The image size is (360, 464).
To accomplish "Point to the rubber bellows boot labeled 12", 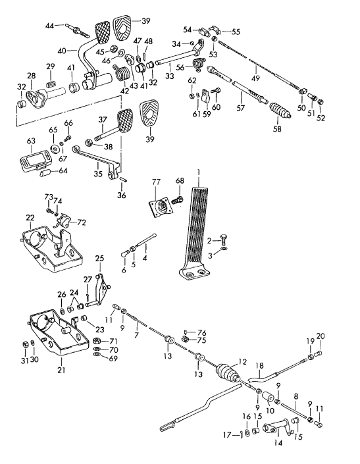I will pyautogui.click(x=226, y=378).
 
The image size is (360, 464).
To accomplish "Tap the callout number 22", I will pyautogui.click(x=30, y=218).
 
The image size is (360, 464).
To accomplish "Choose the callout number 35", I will pyautogui.click(x=96, y=176).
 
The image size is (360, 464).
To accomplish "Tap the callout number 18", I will pyautogui.click(x=259, y=365).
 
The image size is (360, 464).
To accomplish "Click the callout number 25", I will pyautogui.click(x=99, y=259).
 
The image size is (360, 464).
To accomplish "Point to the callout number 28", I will pyautogui.click(x=30, y=77).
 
